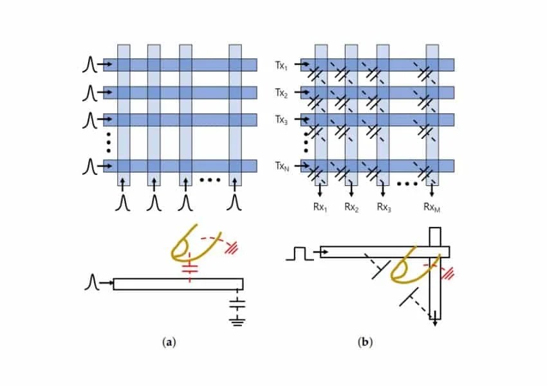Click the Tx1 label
[281, 65]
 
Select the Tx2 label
[281, 93]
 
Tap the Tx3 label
[281, 120]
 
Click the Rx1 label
[319, 207]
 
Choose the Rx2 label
[351, 207]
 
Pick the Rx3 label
[384, 207]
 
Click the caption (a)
[170, 342]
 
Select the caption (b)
[365, 342]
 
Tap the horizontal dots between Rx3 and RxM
[407, 184]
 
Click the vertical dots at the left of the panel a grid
[109, 140]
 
